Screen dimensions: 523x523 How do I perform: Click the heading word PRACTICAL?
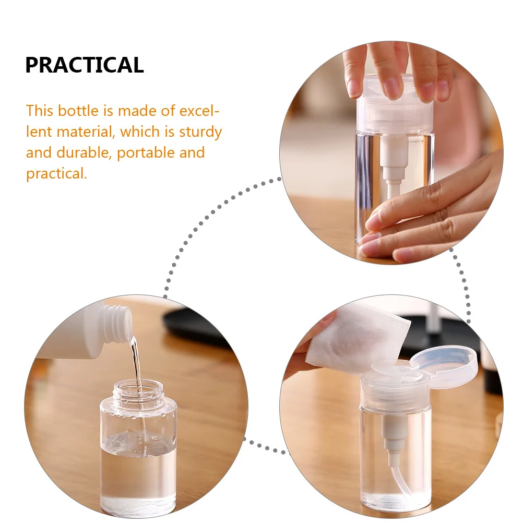point(85,65)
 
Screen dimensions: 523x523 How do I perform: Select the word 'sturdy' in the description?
point(200,132)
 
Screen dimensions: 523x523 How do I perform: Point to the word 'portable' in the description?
point(146,153)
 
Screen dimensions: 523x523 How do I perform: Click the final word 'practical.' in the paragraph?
point(56,174)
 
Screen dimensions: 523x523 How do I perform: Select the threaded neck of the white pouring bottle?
point(116,323)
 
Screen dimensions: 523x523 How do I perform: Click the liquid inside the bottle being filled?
point(138,470)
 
